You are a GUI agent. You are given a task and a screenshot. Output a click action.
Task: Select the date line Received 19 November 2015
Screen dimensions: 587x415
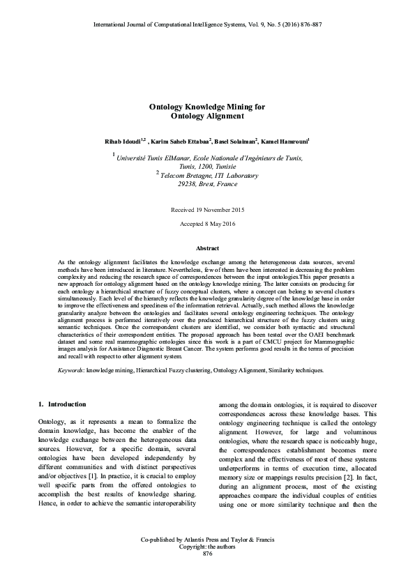click(x=207, y=210)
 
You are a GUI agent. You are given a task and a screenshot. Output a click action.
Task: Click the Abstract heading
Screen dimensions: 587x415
click(x=207, y=249)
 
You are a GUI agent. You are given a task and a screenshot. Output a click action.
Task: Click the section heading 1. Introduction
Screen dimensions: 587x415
click(x=62, y=404)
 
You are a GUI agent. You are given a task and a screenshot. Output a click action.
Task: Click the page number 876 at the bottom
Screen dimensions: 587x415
click(x=207, y=554)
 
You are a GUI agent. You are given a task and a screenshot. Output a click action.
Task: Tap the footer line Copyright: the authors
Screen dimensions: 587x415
click(x=207, y=547)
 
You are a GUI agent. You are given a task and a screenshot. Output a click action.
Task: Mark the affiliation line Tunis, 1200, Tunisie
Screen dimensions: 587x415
click(x=206, y=167)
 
